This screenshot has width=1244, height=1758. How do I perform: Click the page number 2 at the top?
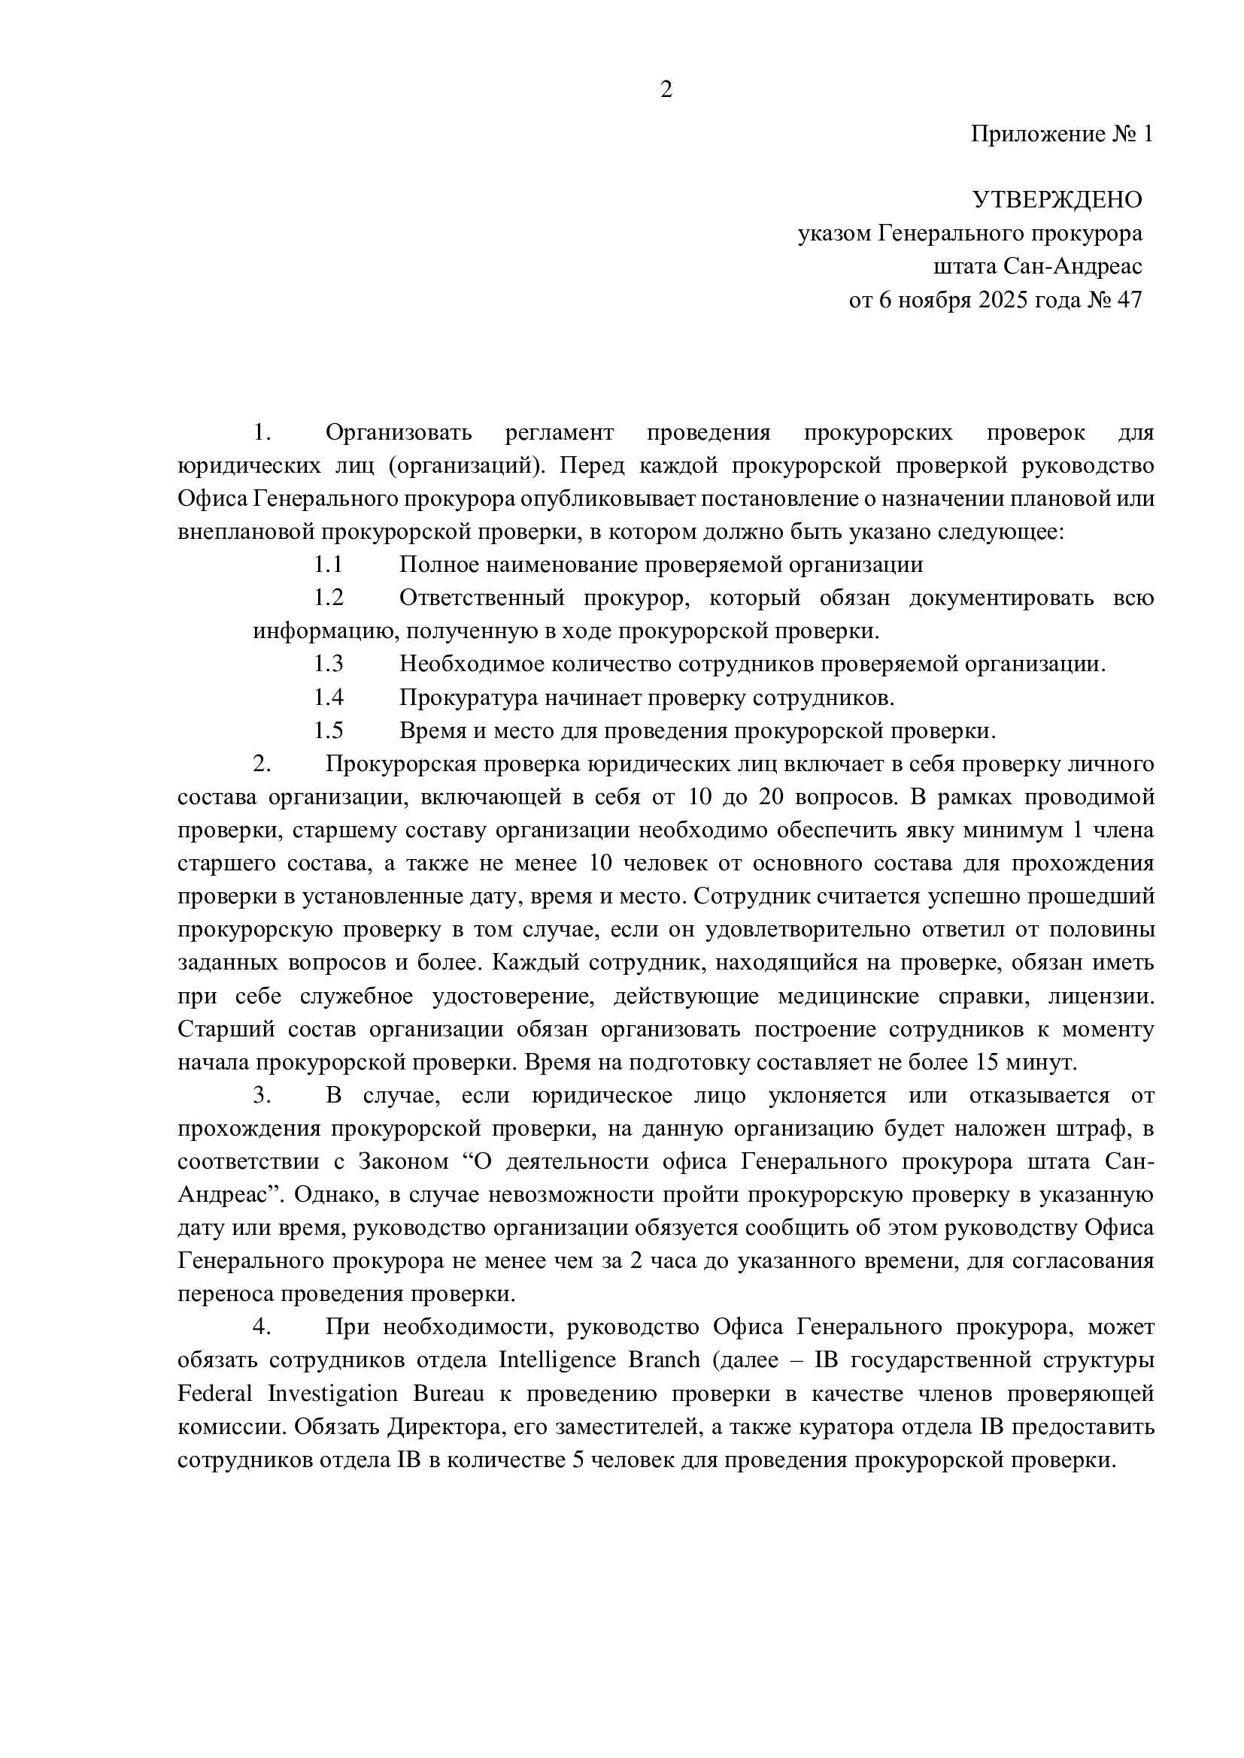666,90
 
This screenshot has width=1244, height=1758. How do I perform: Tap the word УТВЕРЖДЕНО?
1057,200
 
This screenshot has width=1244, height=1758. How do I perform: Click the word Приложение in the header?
1037,134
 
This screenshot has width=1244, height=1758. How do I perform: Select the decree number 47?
1130,299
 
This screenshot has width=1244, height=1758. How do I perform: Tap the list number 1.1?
328,565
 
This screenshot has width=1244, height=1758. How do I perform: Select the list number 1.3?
328,664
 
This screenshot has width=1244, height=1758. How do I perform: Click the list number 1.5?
328,731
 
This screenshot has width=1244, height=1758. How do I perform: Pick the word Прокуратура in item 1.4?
468,697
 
